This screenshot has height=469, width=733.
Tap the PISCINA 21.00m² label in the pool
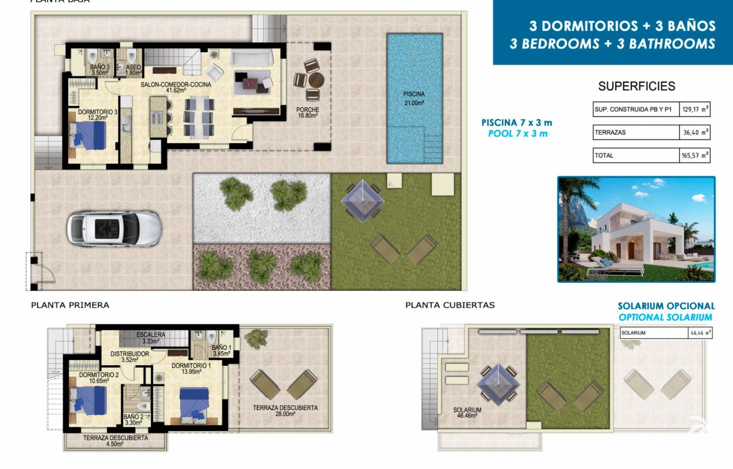coord(414,98)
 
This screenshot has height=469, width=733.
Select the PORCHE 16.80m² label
coord(307,113)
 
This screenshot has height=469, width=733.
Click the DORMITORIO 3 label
coord(97,115)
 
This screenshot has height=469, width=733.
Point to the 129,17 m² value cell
coord(695,109)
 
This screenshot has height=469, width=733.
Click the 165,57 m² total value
coord(695,156)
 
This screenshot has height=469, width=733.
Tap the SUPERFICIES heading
coord(636,86)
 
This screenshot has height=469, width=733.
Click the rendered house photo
coord(636,229)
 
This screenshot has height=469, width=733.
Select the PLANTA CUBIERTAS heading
coord(450,305)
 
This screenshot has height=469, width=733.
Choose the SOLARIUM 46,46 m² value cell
coord(700,333)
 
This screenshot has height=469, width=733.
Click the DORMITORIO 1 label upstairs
coord(191,369)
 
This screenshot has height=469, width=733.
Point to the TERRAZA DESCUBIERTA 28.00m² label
coord(285,410)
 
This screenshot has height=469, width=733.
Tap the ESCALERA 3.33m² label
coord(150,338)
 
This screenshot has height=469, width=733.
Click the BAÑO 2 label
coord(133,420)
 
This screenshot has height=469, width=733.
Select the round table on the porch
coord(316,80)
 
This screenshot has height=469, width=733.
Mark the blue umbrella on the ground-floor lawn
coord(362,201)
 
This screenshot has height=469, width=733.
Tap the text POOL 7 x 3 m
coord(518,134)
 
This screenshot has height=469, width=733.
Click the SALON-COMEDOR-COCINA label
coord(176,87)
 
